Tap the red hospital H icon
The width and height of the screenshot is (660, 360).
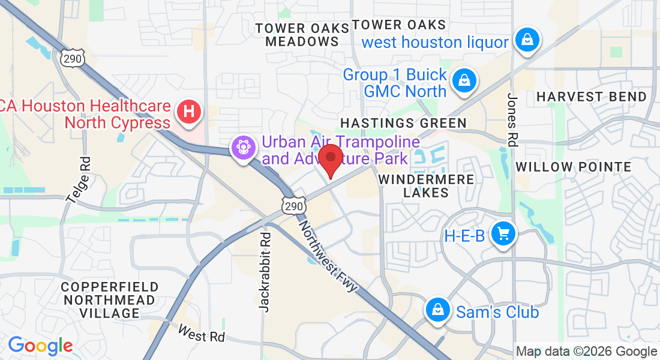189,112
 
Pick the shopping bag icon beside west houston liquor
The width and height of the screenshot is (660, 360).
526,40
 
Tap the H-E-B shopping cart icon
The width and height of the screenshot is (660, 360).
503,233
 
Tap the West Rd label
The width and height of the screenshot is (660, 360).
202,334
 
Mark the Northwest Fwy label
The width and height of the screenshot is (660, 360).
328,256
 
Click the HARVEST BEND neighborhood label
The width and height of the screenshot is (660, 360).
592,97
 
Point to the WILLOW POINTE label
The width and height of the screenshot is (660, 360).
574,167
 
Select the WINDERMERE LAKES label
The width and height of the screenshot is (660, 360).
426,186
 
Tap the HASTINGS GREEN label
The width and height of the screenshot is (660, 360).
403,123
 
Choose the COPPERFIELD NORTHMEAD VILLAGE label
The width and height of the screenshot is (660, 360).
110,300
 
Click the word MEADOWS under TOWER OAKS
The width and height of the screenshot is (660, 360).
302,41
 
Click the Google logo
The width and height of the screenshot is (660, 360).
40,345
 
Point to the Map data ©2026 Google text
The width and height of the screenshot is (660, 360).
587,352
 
